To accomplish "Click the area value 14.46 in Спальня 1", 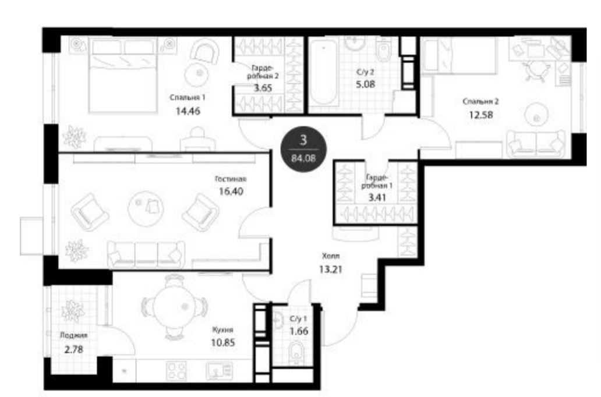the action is tap(188, 112).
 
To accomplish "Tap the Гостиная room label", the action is tap(231, 179).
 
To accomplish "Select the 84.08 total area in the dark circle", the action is tap(303, 158).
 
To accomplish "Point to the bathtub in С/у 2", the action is tap(323, 73).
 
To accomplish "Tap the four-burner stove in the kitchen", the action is tap(176, 370).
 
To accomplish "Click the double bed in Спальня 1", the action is tap(123, 75).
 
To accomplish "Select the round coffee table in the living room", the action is tap(146, 208).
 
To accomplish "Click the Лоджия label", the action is tap(73, 335).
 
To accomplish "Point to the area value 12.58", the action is tap(480, 115).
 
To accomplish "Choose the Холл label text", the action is tap(331, 256).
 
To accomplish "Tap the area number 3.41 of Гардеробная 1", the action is tap(377, 198).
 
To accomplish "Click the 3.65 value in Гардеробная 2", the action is tap(263, 88).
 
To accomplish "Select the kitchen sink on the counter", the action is tap(219, 371).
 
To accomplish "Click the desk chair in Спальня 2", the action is tap(535, 71).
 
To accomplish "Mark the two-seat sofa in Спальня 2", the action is tap(535, 144).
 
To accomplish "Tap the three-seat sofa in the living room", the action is tap(146, 254).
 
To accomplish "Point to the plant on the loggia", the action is tap(72, 311).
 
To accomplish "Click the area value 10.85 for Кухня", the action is tap(222, 342).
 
